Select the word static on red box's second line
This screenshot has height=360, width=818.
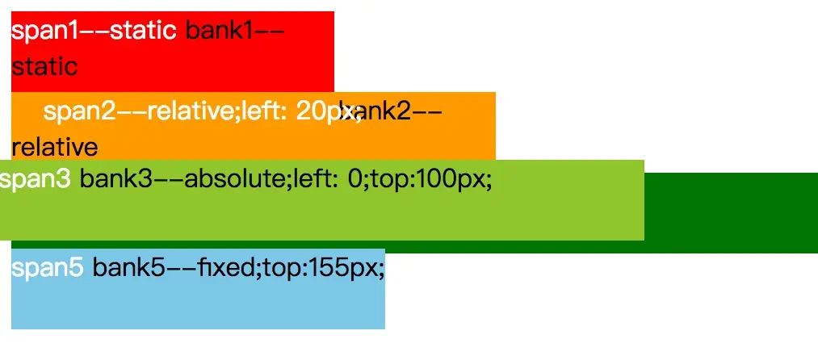(x=44, y=66)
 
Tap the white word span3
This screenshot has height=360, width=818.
(x=36, y=179)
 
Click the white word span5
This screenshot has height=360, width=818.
(x=48, y=268)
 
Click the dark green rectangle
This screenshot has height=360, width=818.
(x=731, y=213)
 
